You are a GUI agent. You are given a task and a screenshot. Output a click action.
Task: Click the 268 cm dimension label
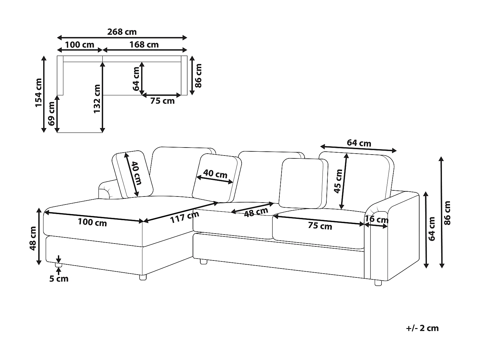click(122, 32)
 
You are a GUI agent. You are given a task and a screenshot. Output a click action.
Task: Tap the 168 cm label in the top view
click(144, 44)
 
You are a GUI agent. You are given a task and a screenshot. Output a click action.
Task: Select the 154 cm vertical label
click(38, 93)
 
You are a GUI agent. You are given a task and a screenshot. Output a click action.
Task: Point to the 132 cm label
click(97, 99)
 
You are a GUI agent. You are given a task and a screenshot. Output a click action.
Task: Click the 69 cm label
click(52, 114)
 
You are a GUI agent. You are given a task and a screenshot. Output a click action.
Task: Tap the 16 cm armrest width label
click(376, 219)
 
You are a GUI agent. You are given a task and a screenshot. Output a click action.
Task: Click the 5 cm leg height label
click(59, 279)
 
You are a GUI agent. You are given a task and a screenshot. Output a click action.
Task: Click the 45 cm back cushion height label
click(338, 181)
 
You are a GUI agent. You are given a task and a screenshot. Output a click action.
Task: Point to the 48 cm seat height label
click(33, 238)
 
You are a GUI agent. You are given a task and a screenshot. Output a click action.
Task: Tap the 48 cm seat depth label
click(256, 212)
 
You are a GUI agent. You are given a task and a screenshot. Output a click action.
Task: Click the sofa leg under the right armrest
click(378, 283)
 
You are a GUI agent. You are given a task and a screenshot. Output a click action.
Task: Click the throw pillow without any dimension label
click(303, 183)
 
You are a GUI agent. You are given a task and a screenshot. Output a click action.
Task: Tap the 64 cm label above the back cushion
click(359, 143)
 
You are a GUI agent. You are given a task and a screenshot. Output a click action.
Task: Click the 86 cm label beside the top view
click(198, 76)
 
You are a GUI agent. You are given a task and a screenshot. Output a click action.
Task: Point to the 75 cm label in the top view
click(162, 101)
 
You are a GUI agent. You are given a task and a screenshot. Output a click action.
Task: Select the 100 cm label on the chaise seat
click(92, 222)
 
